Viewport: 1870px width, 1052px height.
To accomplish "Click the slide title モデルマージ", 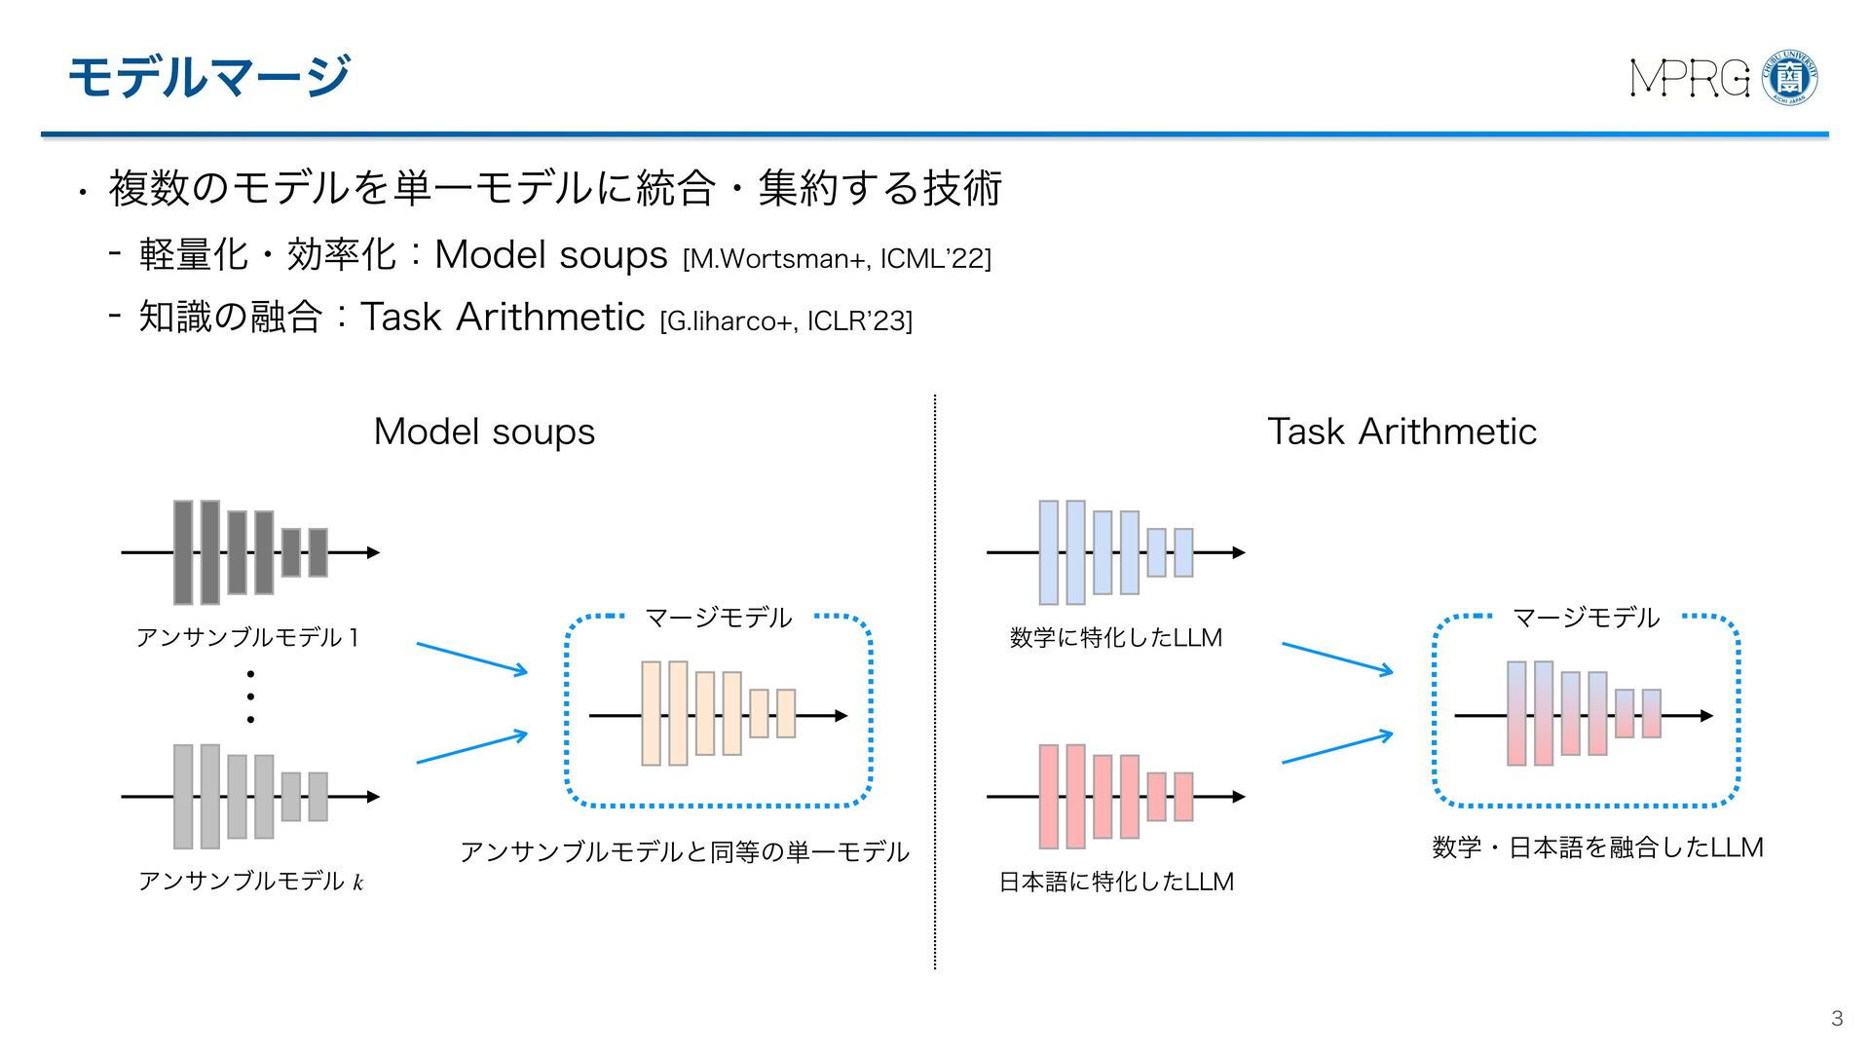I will (208, 76).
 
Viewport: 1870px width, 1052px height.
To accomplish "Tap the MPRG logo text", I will (1689, 78).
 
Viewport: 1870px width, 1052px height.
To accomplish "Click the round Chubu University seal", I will (1790, 78).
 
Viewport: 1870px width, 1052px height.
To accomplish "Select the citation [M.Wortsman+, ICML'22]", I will (837, 259).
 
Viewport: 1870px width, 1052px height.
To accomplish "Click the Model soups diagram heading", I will (484, 432).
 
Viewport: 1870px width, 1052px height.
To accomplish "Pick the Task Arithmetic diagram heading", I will (1402, 432).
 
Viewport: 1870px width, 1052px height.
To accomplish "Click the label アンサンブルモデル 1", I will (248, 638).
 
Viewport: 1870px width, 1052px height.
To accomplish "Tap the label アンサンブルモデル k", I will (250, 882).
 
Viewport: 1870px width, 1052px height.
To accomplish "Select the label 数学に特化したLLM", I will (1116, 638).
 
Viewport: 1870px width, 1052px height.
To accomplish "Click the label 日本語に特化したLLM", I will (1116, 882).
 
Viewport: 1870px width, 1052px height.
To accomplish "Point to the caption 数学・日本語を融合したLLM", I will (1597, 847).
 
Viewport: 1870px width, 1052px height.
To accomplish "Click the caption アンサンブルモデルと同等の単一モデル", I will (684, 852).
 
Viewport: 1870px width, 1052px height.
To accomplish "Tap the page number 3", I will (1837, 1018).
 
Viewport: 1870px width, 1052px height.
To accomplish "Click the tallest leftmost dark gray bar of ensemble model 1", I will (183, 552).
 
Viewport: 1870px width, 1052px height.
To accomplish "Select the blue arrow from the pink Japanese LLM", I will (1336, 748).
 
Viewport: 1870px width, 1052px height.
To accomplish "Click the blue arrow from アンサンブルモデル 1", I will (471, 657).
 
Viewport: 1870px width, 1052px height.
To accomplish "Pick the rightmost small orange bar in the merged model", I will (786, 714).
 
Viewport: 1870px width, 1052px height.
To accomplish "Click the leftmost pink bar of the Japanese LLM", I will (1049, 797).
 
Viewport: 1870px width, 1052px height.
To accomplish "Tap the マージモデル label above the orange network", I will (719, 618).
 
